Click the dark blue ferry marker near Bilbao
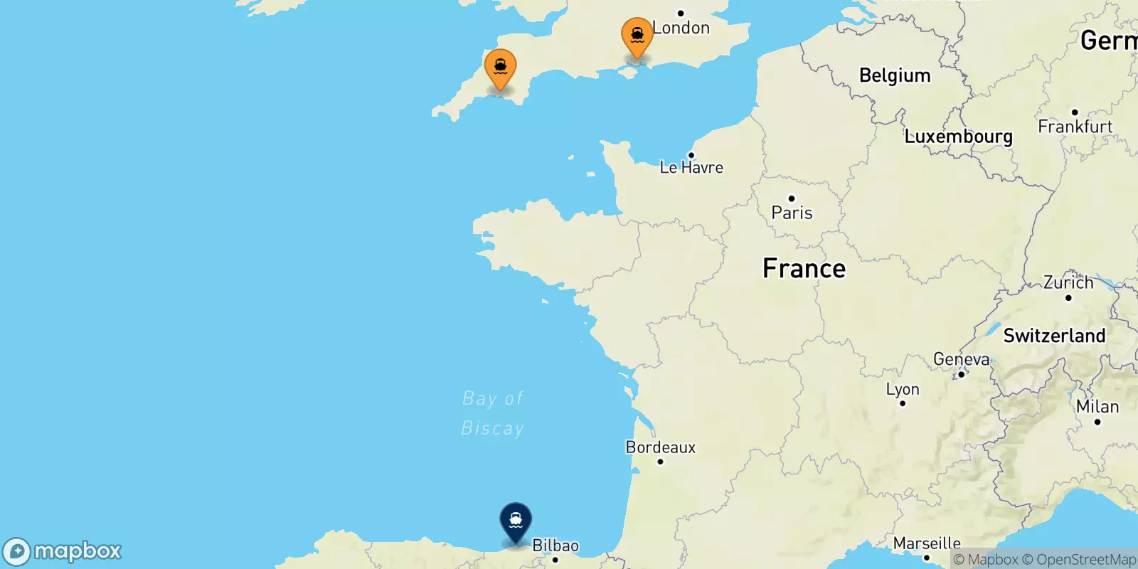click(x=516, y=521)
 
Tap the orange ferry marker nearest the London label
click(x=637, y=36)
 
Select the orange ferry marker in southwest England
click(x=501, y=68)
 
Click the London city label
click(x=681, y=28)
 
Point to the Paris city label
click(x=792, y=213)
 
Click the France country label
click(x=804, y=268)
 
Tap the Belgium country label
click(x=895, y=75)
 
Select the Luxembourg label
click(x=958, y=137)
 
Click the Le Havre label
click(x=691, y=168)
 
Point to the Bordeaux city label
click(x=661, y=447)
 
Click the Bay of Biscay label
click(x=492, y=413)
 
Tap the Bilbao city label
click(x=555, y=546)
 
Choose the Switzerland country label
click(x=1054, y=336)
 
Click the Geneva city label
click(x=961, y=359)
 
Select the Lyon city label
click(x=903, y=389)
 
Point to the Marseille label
click(x=927, y=543)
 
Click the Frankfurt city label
click(x=1075, y=127)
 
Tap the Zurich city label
click(x=1068, y=282)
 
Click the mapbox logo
click(x=63, y=551)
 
